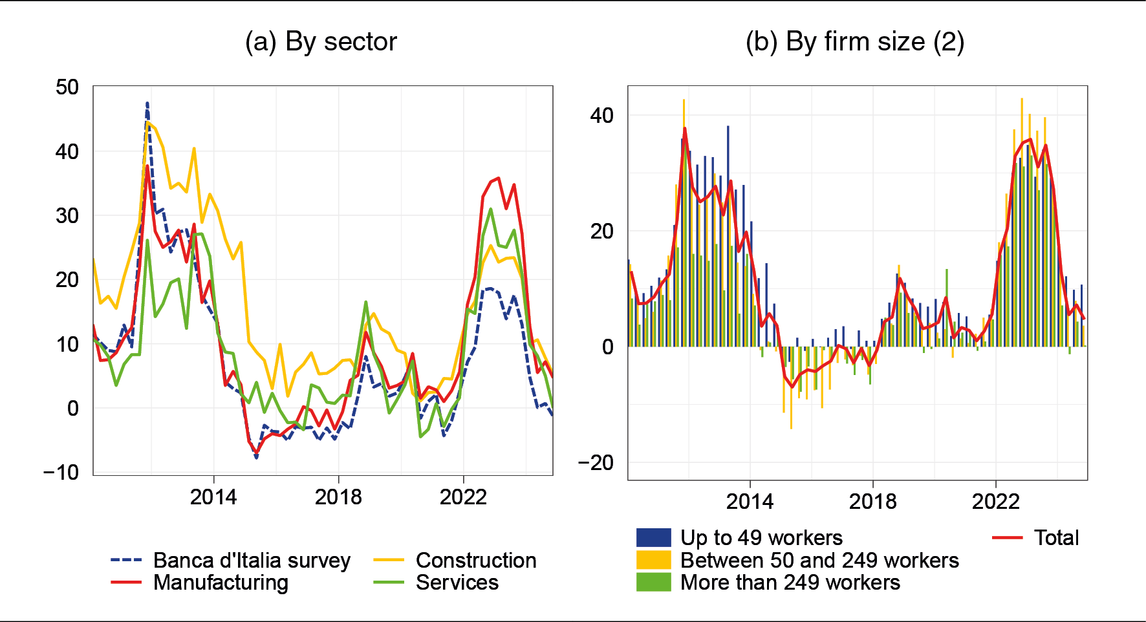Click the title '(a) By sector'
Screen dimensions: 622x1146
point(321,41)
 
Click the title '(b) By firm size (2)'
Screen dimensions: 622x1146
point(854,41)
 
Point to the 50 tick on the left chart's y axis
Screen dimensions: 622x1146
point(67,87)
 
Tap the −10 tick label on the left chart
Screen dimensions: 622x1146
point(61,473)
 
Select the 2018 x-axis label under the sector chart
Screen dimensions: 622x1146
point(338,497)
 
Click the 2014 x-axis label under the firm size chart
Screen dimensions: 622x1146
point(750,501)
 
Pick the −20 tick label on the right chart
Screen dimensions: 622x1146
point(595,463)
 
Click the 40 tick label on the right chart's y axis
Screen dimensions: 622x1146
point(601,116)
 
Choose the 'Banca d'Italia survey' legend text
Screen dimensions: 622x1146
point(252,560)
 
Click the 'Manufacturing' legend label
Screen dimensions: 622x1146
point(221,583)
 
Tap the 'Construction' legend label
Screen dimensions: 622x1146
point(476,560)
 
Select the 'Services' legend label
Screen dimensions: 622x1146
point(457,583)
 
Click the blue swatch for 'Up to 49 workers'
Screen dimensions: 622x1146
point(653,538)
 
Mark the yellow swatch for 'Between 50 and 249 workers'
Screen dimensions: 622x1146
point(653,560)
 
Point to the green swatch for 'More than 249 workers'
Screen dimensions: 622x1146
point(653,583)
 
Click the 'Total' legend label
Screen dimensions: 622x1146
point(1056,538)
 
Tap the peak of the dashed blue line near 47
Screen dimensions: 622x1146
point(147,103)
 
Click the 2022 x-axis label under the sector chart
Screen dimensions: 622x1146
point(463,497)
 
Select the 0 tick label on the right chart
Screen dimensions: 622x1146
point(607,347)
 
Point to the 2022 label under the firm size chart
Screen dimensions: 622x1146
point(995,501)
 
